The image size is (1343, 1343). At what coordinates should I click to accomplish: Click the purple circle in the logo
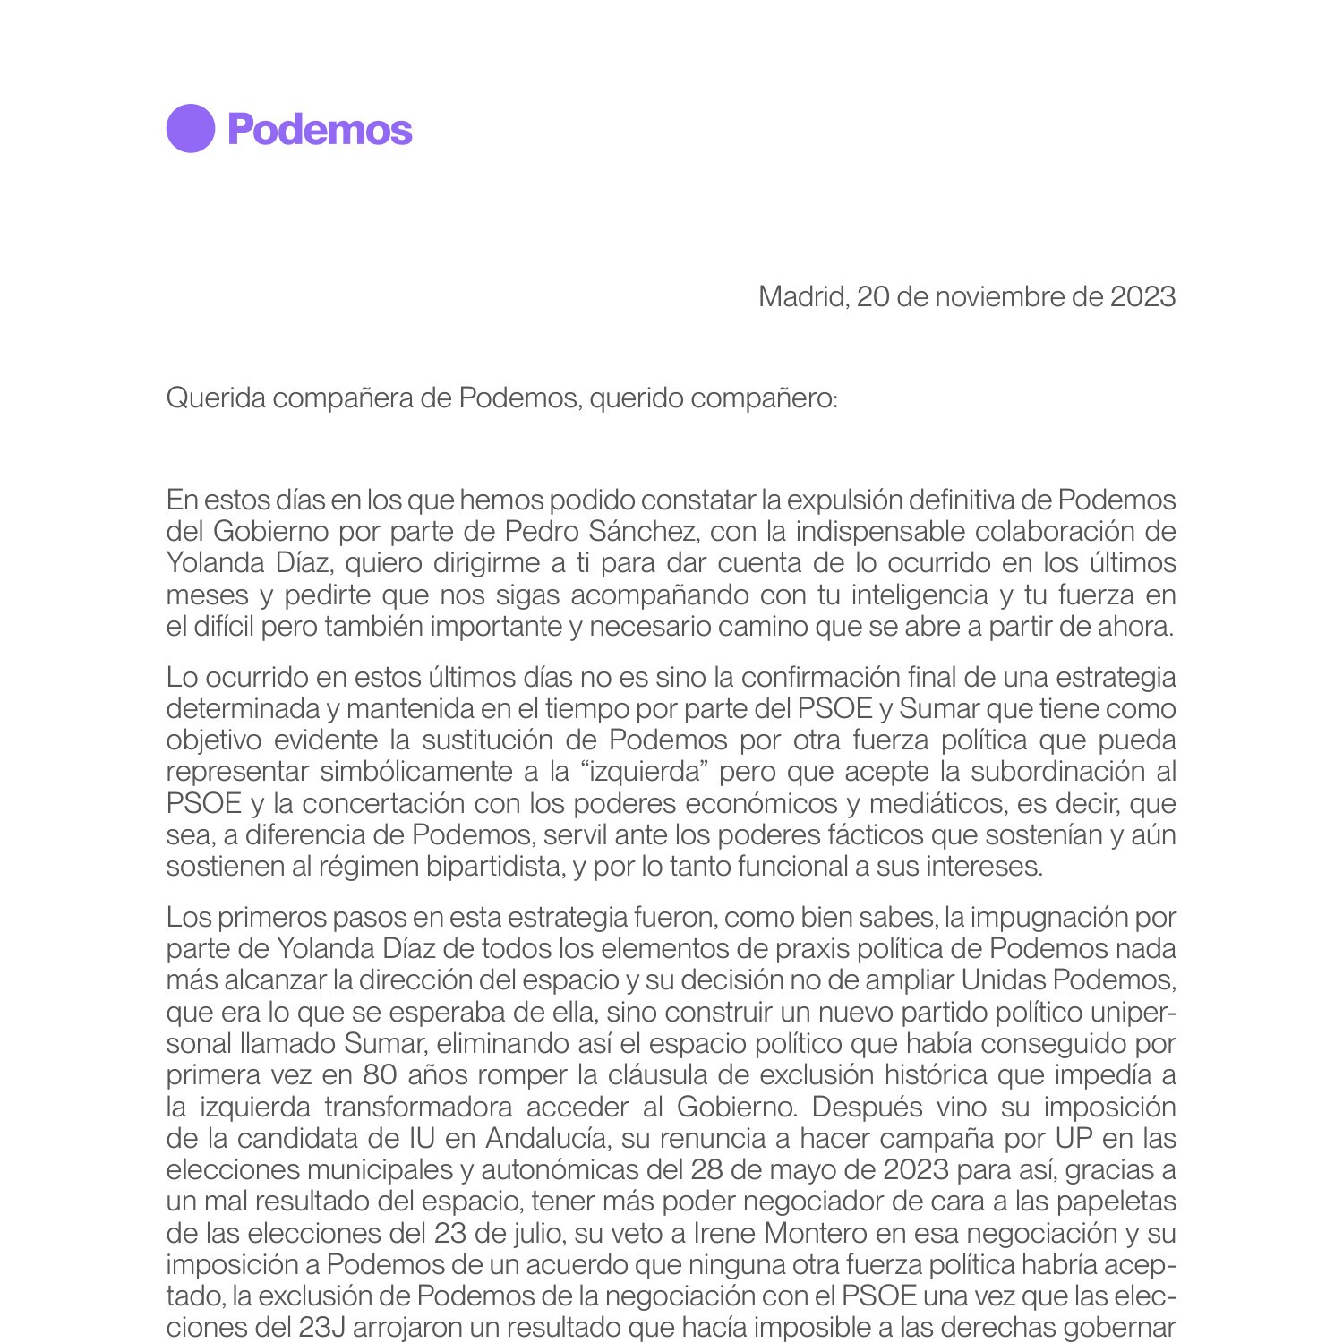pos(191,129)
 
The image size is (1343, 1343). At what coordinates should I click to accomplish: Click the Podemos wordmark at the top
pos(320,130)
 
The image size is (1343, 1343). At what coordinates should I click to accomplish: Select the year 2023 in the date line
pos(1142,296)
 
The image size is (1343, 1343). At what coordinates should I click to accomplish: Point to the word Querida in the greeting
pos(216,398)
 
